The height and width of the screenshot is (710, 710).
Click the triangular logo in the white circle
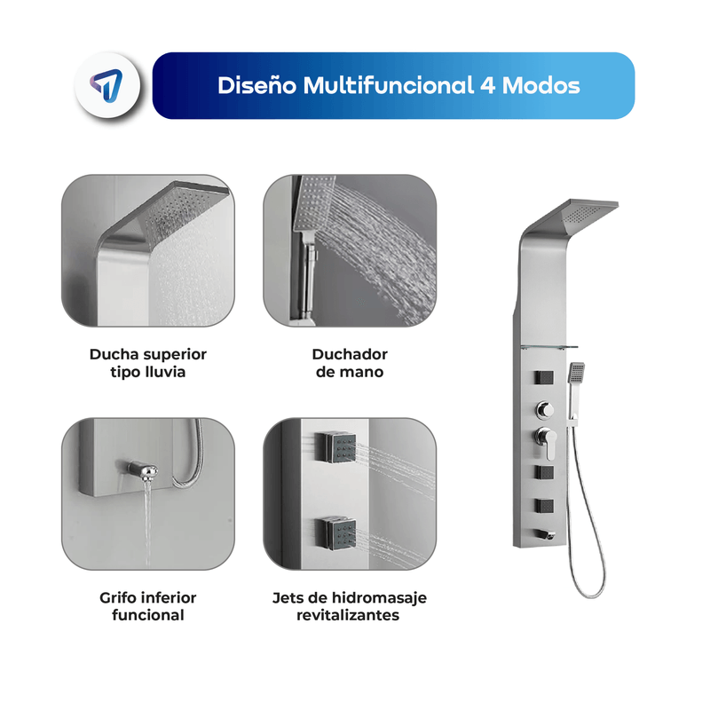pyautogui.click(x=106, y=84)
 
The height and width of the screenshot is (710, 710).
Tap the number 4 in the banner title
pyautogui.click(x=487, y=85)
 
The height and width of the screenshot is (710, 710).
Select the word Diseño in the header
pyautogui.click(x=256, y=85)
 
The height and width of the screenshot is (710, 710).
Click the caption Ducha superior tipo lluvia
pyautogui.click(x=148, y=363)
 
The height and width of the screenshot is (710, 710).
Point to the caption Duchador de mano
pyautogui.click(x=350, y=363)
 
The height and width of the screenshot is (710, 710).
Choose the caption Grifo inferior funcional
pyautogui.click(x=148, y=606)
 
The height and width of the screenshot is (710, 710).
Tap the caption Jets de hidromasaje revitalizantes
pyautogui.click(x=349, y=606)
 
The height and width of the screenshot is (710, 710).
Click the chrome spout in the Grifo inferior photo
pyautogui.click(x=142, y=470)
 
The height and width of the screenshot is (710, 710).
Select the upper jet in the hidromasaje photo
pyautogui.click(x=335, y=446)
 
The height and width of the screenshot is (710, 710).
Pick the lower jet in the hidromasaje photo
pyautogui.click(x=335, y=533)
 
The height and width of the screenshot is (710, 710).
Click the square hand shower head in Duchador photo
pyautogui.click(x=313, y=203)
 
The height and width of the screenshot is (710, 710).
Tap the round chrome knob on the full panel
pyautogui.click(x=545, y=410)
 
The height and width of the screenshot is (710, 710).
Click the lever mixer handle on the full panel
pyautogui.click(x=546, y=441)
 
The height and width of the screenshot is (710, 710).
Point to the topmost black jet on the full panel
pyautogui.click(x=544, y=377)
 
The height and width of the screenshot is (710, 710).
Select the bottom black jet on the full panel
pyautogui.click(x=544, y=506)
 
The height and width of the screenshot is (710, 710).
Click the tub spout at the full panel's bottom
pyautogui.click(x=545, y=535)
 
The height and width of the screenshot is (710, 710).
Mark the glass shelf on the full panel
pyautogui.click(x=549, y=347)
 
